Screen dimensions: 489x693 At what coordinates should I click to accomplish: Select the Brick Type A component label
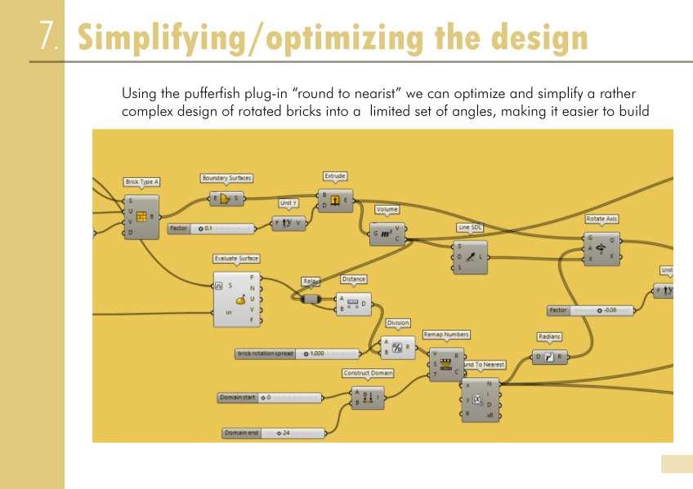tap(141, 182)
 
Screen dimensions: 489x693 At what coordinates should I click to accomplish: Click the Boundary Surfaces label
tap(226, 177)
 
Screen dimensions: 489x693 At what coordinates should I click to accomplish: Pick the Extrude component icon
tap(335, 200)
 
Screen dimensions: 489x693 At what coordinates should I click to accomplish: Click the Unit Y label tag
tap(288, 202)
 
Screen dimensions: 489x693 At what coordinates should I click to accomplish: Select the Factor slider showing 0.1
tap(212, 229)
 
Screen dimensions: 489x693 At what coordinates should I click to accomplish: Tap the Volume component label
tap(387, 210)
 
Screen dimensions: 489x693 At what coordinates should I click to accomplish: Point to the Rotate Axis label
tap(601, 219)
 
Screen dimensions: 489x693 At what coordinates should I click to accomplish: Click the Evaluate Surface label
tap(236, 259)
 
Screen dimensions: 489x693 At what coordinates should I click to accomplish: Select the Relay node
tap(311, 299)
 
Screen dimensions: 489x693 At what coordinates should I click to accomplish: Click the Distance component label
tap(353, 279)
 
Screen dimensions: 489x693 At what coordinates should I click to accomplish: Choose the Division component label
tap(398, 322)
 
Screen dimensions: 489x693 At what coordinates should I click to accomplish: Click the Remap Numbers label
tap(446, 335)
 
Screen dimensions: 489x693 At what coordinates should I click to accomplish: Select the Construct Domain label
tap(368, 373)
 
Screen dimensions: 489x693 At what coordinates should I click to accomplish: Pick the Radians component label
tap(549, 336)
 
